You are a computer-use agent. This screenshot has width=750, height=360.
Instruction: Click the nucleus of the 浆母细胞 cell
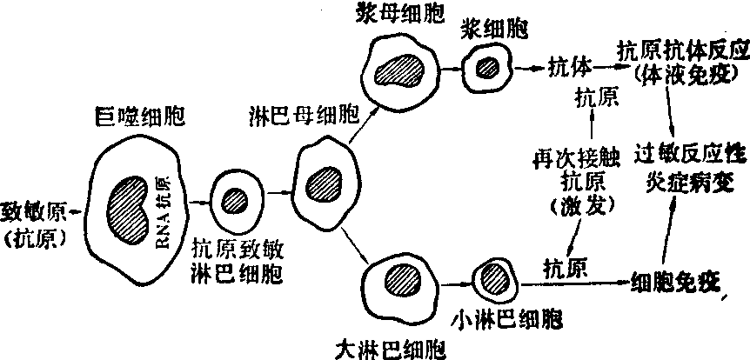[405, 67]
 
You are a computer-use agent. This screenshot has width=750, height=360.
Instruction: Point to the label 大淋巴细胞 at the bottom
[392, 350]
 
